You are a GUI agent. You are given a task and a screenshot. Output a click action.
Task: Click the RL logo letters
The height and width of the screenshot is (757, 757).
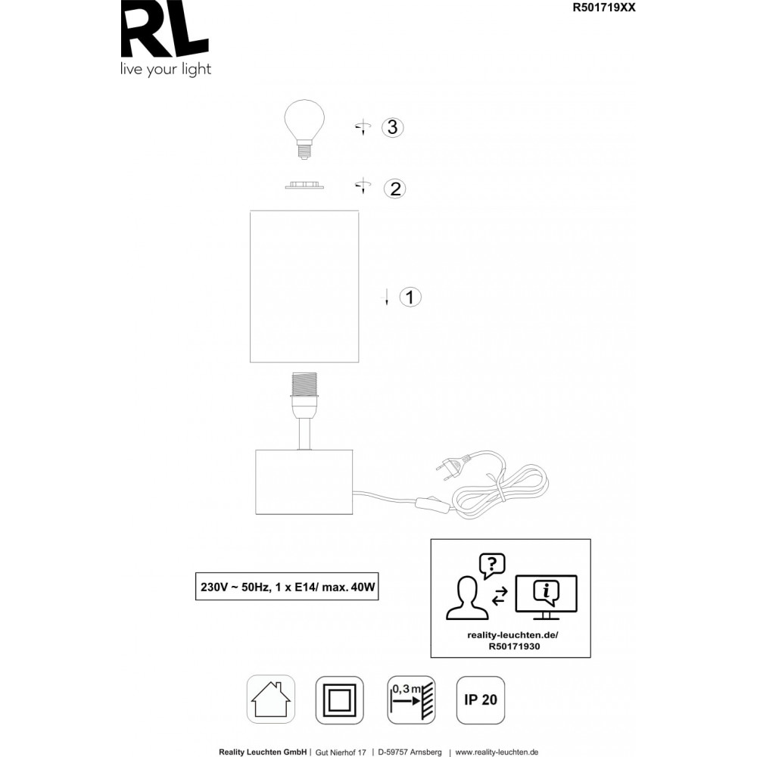coord(164,29)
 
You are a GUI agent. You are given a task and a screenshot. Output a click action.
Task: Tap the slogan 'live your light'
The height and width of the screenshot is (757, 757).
coord(166,70)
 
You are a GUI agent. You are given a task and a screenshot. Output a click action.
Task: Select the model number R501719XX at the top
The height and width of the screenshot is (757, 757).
coord(604,8)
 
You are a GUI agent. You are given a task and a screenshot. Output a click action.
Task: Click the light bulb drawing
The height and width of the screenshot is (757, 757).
coord(304,129)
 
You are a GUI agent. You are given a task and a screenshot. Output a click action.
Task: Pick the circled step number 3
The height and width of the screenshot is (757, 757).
coord(392,127)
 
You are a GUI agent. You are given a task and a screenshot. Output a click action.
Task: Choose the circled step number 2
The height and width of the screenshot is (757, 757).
coord(395,188)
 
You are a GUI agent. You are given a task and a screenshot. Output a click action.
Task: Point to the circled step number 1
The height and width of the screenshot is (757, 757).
coord(410,297)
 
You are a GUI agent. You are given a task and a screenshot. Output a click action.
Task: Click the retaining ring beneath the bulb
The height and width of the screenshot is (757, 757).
coord(304,185)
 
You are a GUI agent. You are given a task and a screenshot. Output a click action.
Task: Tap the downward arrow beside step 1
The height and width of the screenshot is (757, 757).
coord(386,297)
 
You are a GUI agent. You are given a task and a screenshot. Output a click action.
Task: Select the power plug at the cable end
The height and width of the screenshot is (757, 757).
coord(452,466)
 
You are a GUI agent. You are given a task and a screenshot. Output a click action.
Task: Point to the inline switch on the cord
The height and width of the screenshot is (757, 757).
coord(433,503)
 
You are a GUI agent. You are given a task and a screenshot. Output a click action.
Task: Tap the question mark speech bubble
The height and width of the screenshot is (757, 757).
coord(492,565)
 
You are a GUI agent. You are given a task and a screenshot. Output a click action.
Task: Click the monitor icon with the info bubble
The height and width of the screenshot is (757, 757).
coord(546,597)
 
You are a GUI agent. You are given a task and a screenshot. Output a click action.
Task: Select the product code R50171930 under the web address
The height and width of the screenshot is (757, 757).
coord(514,646)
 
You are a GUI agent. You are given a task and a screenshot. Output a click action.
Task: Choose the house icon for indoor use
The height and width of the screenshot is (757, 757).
coord(271,699)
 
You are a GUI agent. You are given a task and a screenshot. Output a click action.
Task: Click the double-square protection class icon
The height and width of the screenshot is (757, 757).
coord(340,700)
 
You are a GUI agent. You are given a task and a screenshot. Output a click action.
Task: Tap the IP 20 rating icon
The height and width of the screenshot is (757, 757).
coord(481,700)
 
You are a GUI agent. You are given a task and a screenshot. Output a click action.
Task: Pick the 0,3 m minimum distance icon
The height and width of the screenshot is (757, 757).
coord(411,700)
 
